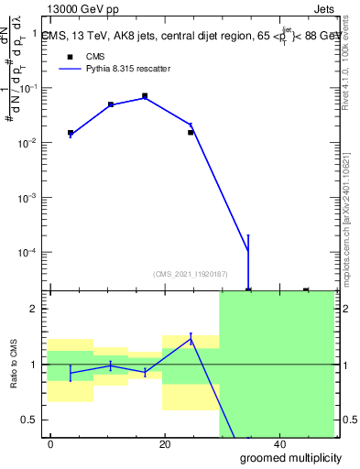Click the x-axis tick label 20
point(165,444)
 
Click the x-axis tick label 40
point(279,444)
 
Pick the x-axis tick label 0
point(51,444)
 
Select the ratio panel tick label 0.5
point(30,420)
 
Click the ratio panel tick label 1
point(34,365)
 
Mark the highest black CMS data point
point(145,95)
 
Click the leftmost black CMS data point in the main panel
point(71,133)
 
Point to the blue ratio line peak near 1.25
point(191,338)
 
